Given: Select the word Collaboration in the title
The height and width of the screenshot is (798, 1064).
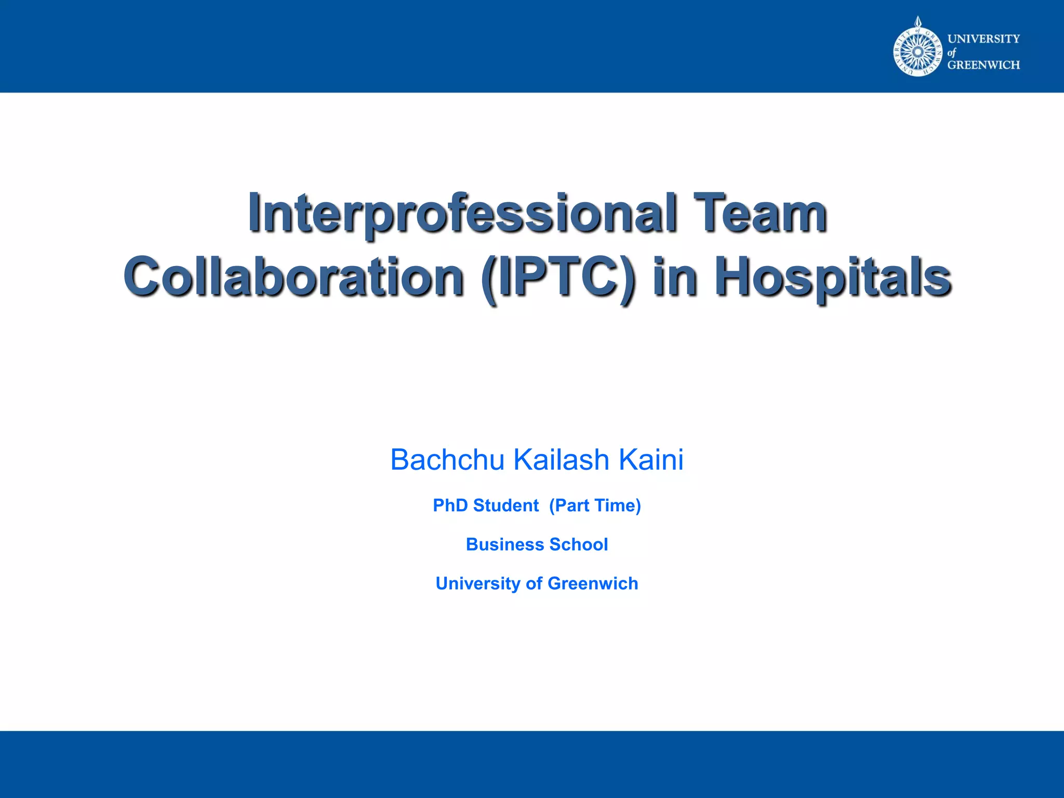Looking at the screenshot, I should (294, 277).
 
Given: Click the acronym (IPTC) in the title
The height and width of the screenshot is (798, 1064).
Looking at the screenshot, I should (558, 278).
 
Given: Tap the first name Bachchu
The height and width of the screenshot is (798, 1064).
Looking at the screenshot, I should (447, 460).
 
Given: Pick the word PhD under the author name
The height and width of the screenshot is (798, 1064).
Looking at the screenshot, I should (450, 506).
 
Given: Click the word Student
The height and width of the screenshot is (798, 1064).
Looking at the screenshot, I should (506, 506).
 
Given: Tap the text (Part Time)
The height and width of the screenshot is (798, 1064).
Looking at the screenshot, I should (595, 506).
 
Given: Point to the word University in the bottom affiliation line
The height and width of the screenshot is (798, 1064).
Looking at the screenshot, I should (477, 583).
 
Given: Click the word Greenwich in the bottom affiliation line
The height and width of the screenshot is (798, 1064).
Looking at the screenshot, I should (593, 583).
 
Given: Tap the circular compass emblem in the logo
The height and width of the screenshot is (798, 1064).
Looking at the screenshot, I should (917, 52).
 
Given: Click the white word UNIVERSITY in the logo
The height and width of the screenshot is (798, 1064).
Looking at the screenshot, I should (983, 39).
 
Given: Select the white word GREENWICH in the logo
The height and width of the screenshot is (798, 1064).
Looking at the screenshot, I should (983, 65).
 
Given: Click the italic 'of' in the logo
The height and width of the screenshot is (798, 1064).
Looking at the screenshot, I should (952, 52).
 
